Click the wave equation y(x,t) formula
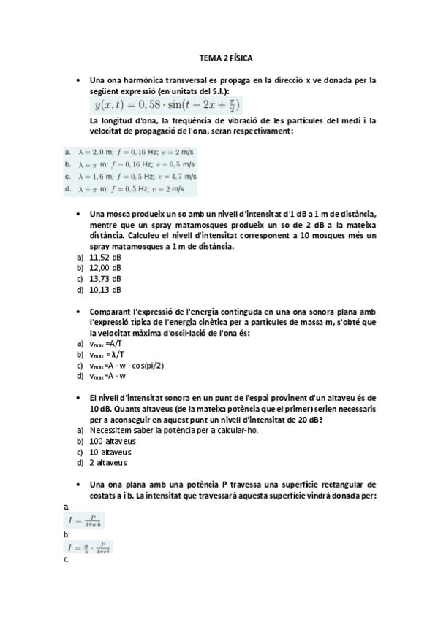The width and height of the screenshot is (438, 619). coord(165,105)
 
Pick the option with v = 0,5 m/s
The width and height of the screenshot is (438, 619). coord(132,164)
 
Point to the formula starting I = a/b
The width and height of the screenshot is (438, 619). coord(91,547)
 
